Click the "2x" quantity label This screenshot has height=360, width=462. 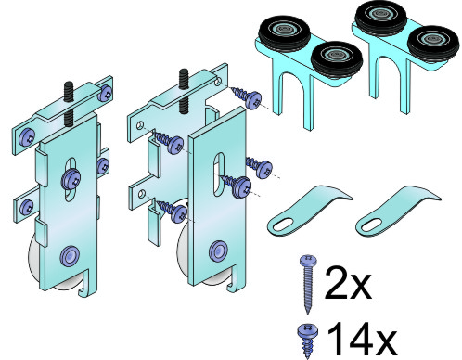[348, 283]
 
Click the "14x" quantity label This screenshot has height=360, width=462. [361, 339]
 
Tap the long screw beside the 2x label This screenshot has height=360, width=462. [308, 283]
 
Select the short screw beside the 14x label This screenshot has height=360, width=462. [307, 341]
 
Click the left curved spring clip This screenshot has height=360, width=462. [309, 211]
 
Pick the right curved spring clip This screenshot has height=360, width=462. [398, 211]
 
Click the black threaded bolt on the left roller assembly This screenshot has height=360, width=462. [68, 103]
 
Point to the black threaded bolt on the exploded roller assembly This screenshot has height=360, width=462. [185, 92]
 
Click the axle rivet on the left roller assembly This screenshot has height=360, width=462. [70, 255]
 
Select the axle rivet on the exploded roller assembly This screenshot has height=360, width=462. [219, 250]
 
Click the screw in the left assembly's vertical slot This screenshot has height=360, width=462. [71, 179]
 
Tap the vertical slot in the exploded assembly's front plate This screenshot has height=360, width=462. [219, 174]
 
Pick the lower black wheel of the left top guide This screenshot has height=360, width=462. [337, 58]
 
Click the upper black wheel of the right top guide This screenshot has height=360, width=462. [381, 16]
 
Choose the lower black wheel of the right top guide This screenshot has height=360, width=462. [433, 43]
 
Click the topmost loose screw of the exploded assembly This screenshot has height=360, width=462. [248, 96]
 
